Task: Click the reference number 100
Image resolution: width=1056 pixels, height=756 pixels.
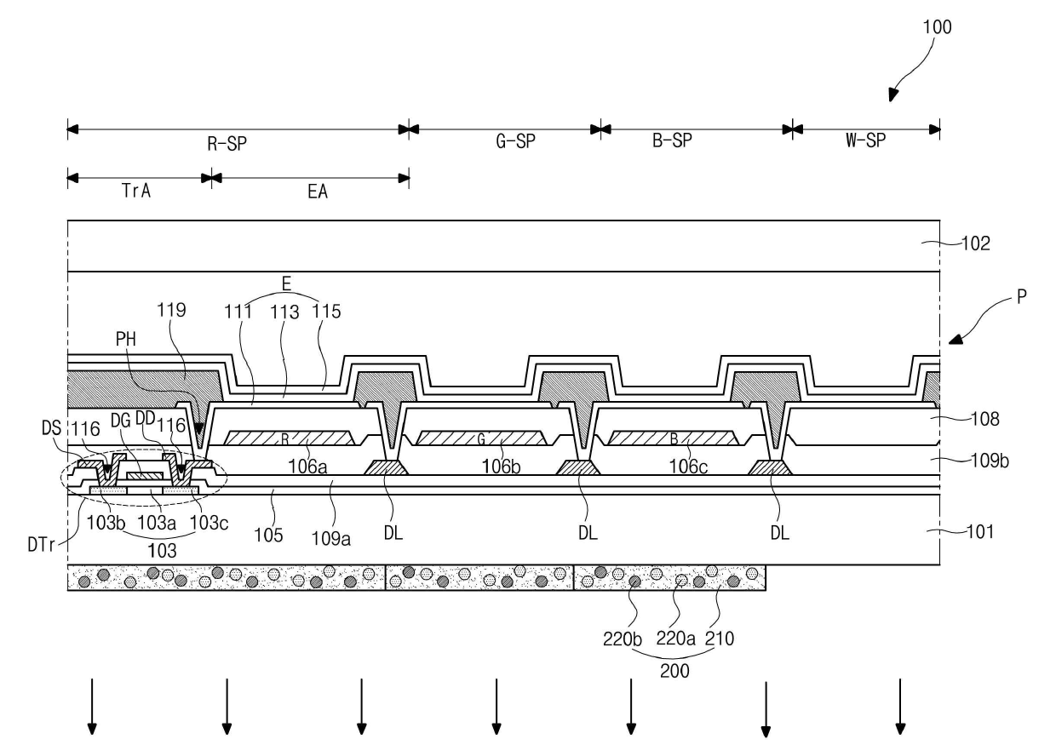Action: [936, 27]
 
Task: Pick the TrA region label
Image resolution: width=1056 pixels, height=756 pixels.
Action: [135, 192]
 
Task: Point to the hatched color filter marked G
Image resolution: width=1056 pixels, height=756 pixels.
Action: [481, 438]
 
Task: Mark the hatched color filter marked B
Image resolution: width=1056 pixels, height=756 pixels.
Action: [674, 438]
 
